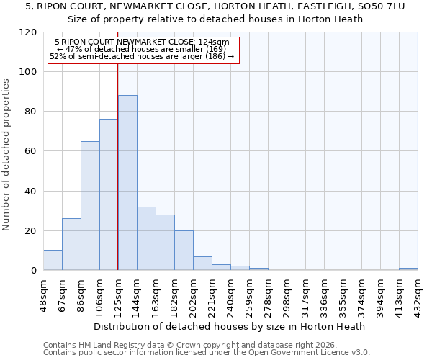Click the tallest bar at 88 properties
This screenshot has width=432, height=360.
click(127, 183)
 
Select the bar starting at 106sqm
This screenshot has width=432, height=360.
click(109, 194)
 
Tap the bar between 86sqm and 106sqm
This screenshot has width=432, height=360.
click(90, 206)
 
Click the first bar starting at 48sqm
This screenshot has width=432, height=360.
click(53, 260)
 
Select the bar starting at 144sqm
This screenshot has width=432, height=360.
click(146, 238)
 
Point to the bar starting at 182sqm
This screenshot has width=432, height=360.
click(184, 251)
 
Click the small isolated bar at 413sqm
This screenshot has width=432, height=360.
click(408, 269)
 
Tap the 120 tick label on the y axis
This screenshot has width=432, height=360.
click(28, 32)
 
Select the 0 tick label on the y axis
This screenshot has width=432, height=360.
click(34, 271)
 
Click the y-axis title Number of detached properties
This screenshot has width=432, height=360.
click(7, 155)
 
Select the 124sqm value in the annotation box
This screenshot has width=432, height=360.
click(214, 42)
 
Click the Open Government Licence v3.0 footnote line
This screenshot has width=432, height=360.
click(207, 352)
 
